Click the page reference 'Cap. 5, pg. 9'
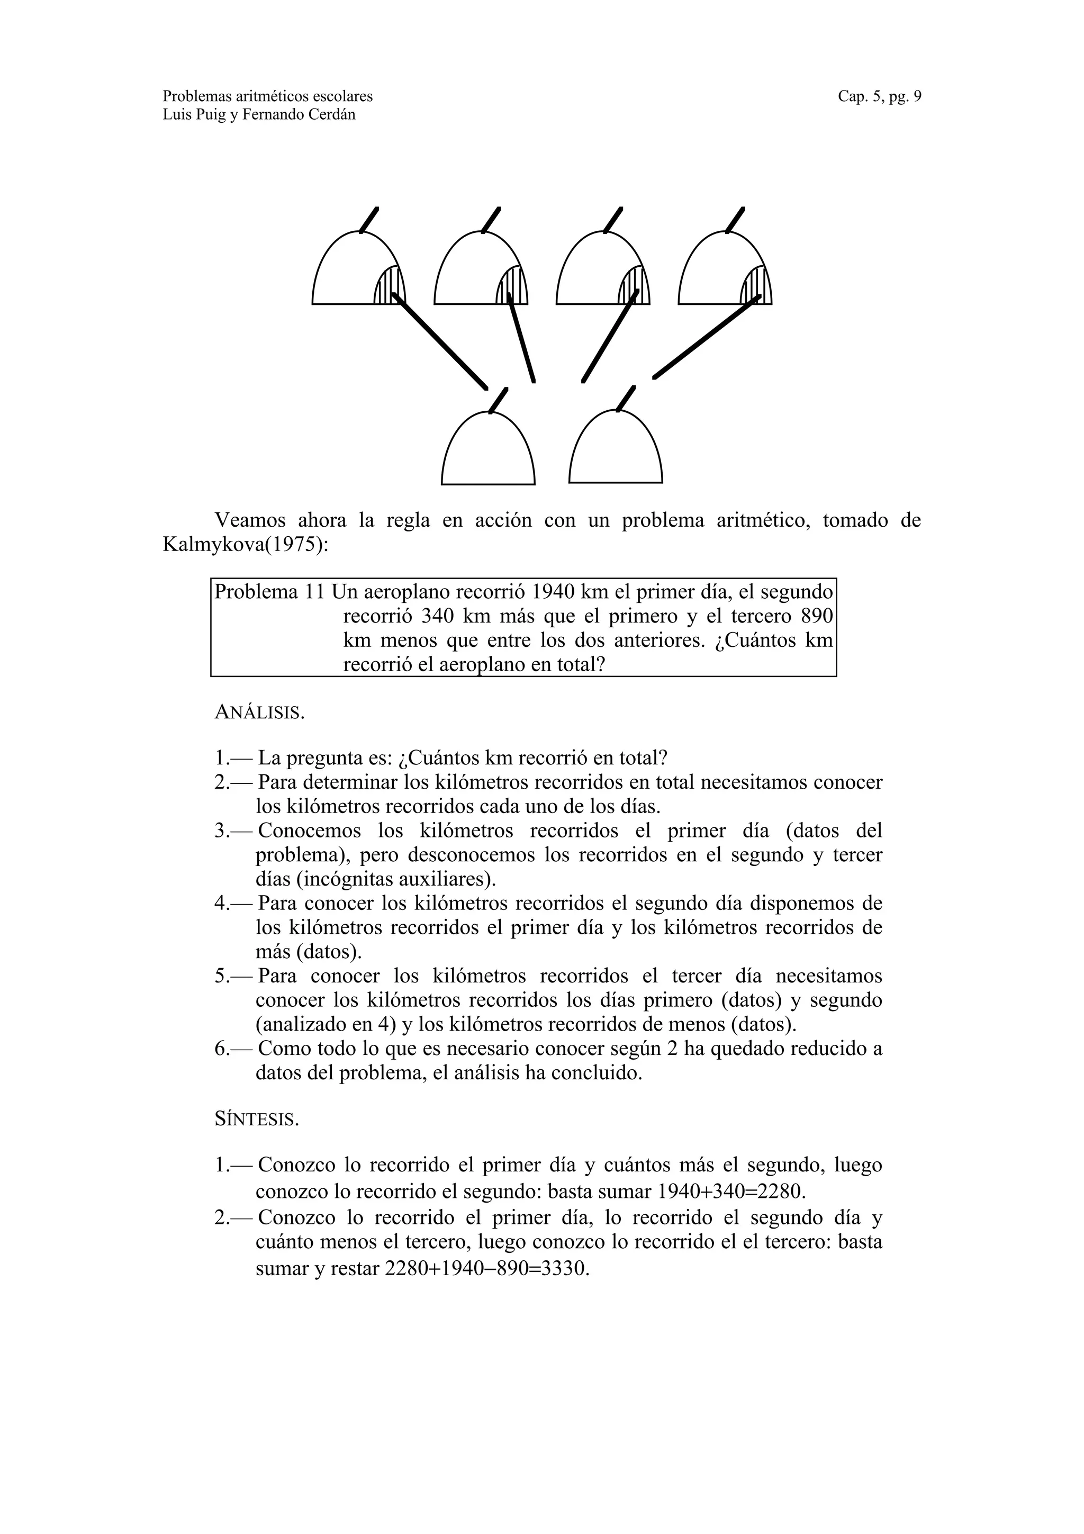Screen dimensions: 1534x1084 click(x=879, y=96)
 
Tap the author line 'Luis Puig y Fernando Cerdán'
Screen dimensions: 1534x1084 click(x=259, y=115)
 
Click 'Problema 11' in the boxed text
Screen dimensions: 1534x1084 click(x=269, y=592)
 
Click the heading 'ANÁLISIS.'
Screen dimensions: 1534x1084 click(x=259, y=712)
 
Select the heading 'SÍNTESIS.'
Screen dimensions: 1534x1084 click(x=257, y=1119)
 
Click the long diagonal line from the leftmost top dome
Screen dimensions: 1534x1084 click(x=441, y=342)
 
